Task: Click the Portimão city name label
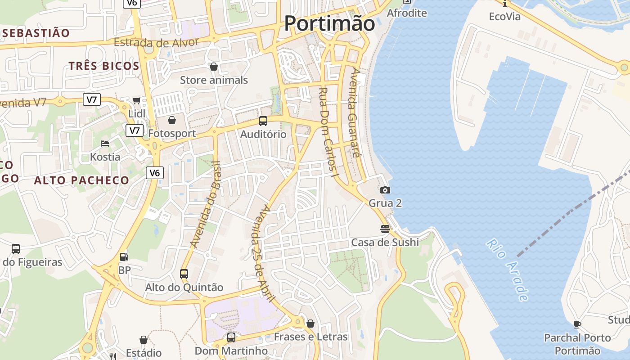329,23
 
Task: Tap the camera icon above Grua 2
385,190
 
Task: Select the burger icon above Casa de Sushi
385,229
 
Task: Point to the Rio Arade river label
507,270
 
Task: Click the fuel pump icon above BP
124,257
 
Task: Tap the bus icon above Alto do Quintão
184,274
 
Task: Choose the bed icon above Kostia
105,144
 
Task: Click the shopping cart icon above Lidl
136,100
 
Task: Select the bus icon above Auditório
263,121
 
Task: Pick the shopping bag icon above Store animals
214,67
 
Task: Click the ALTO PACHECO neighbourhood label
81,180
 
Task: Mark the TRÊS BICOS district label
103,66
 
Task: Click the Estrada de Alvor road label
156,43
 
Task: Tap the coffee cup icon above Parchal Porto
578,324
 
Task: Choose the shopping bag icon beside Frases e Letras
310,324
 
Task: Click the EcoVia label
505,17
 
